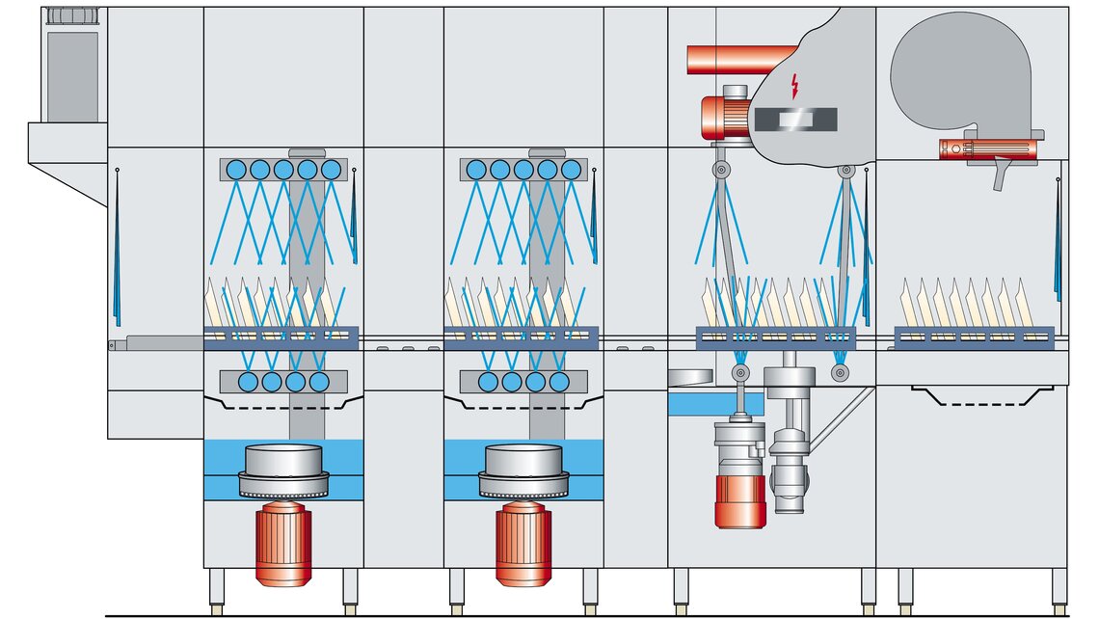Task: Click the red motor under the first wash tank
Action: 282,546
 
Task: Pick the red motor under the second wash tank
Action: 523,546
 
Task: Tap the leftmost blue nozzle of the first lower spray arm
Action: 248,381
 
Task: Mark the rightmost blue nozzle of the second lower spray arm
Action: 559,381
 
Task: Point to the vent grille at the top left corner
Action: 72,15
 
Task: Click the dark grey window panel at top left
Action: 73,77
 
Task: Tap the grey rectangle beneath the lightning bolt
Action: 796,120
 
